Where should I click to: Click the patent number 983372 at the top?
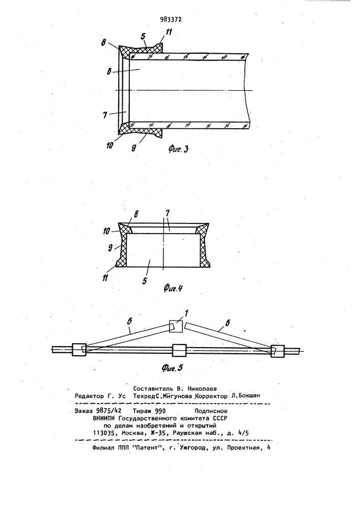(x=171, y=19)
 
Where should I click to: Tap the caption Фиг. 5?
(x=172, y=367)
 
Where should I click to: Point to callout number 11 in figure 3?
(x=169, y=32)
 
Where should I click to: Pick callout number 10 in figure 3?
(x=109, y=146)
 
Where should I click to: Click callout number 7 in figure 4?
(x=168, y=216)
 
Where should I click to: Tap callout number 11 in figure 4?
(x=105, y=278)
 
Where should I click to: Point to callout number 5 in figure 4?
(x=145, y=280)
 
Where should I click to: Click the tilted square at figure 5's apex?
(x=176, y=326)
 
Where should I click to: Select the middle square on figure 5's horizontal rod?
(x=180, y=351)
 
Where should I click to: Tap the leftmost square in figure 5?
(x=79, y=350)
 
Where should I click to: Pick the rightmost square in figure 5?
(x=278, y=351)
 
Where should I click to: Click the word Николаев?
(x=202, y=388)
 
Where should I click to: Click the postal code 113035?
(x=104, y=433)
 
